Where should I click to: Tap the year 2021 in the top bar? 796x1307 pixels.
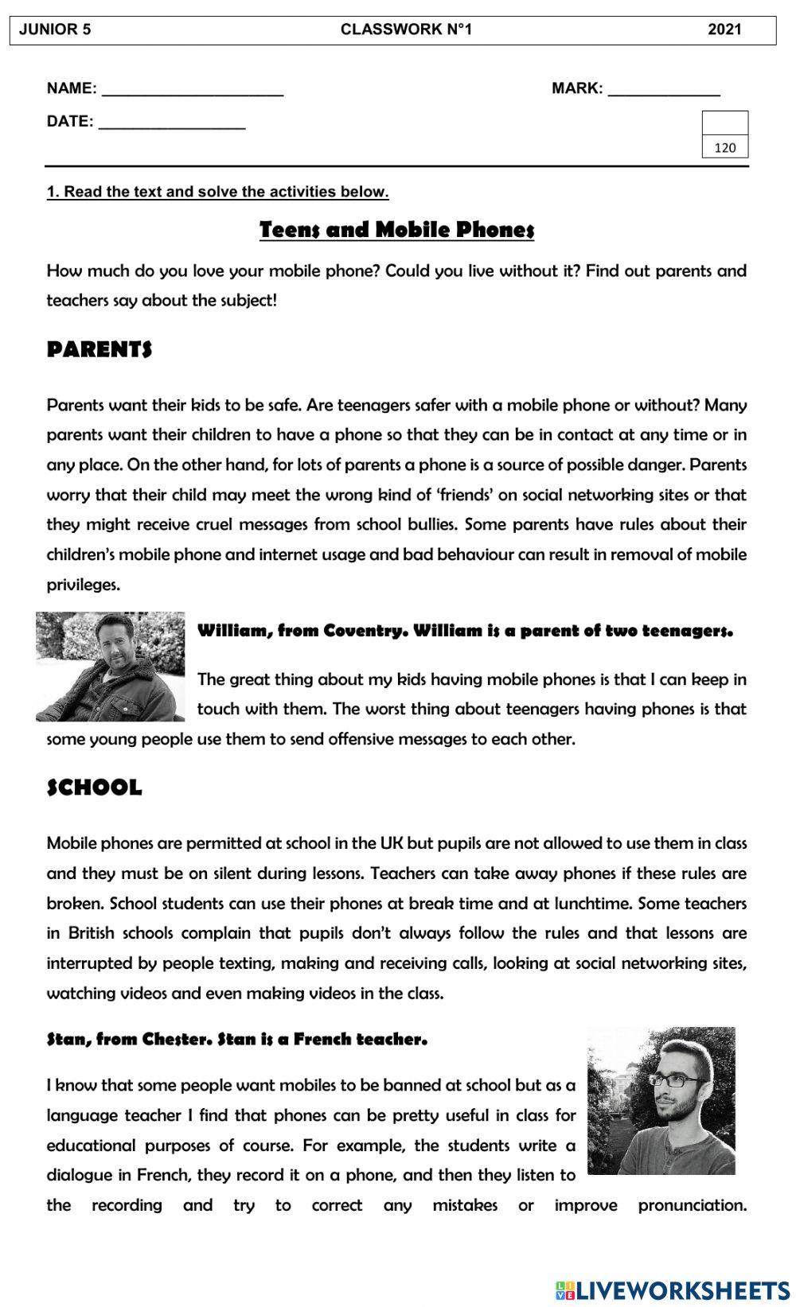[724, 30]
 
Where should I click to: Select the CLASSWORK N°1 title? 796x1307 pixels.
[406, 30]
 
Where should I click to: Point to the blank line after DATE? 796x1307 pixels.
[172, 123]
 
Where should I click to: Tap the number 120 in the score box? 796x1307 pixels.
[725, 147]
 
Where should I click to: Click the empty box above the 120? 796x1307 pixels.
[725, 123]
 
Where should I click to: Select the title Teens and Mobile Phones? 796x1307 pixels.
[396, 230]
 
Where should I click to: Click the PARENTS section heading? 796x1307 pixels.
[99, 349]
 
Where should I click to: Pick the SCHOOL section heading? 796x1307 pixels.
[95, 788]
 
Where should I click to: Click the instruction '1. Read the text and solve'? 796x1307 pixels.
[217, 192]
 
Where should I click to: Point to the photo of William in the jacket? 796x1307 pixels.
[110, 666]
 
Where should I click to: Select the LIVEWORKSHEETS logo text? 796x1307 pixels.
[681, 1289]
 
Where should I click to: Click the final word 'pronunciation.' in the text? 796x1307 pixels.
[692, 1205]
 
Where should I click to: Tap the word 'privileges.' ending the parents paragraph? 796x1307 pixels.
[84, 585]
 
